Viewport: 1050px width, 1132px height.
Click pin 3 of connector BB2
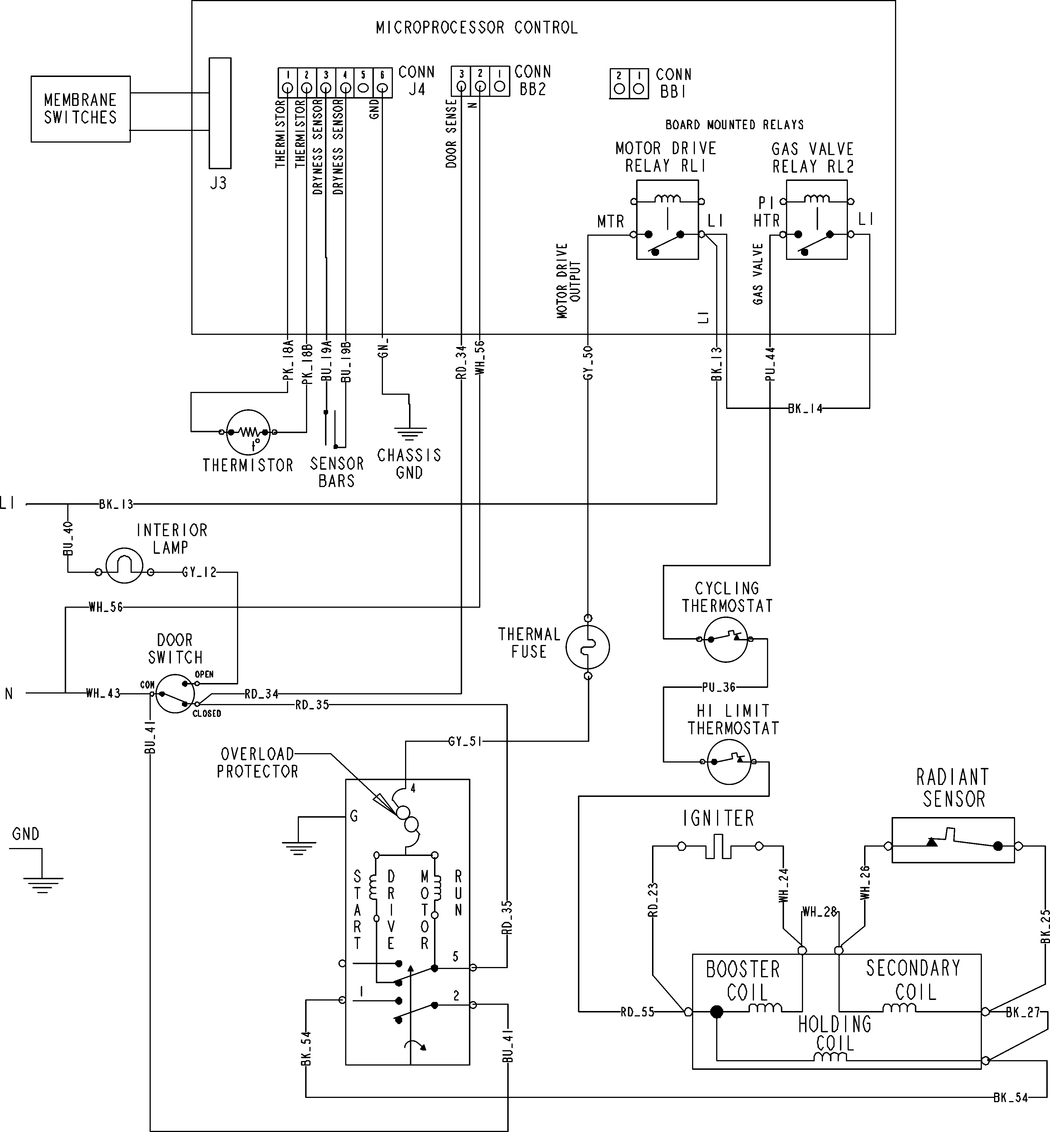pyautogui.click(x=461, y=86)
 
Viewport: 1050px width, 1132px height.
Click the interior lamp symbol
pyautogui.click(x=124, y=566)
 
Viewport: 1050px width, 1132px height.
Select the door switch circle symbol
pyautogui.click(x=174, y=694)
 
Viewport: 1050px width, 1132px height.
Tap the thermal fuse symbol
pyautogui.click(x=588, y=647)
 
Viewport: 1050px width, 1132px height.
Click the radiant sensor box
pyautogui.click(x=953, y=840)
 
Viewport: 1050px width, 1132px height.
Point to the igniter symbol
pyautogui.click(x=719, y=846)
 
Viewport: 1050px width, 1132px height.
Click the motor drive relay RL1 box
pyautogui.click(x=667, y=220)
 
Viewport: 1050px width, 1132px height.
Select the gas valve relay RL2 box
pyautogui.click(x=816, y=220)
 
